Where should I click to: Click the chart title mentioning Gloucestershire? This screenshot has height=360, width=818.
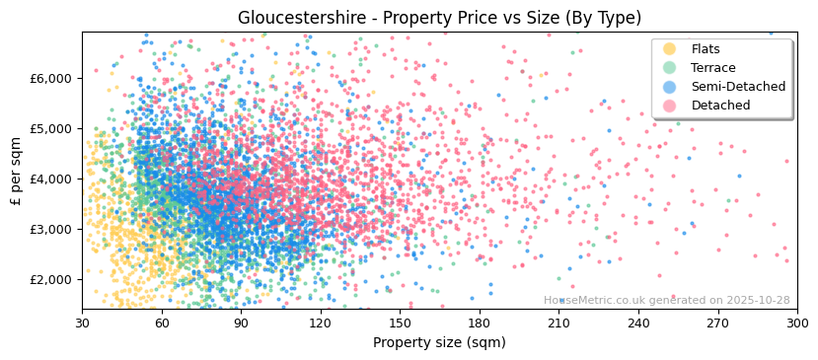coord(439,18)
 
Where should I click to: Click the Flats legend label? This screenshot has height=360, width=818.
coord(705,49)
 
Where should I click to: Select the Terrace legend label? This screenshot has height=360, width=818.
coord(712,68)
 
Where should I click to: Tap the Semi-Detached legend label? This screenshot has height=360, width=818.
coord(738,87)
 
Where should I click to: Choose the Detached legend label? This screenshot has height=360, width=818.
coord(719,106)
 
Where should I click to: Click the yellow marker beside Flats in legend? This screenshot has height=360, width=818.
coord(670,49)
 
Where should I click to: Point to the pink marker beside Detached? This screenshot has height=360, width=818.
coord(670,106)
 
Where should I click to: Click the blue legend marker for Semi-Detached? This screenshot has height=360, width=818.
coord(670,87)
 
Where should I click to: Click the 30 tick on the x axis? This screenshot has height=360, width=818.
coord(82,323)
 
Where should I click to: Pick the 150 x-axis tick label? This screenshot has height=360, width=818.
coord(400,323)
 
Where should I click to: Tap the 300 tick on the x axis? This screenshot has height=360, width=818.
coord(796,323)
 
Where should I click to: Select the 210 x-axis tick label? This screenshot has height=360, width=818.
coord(558,323)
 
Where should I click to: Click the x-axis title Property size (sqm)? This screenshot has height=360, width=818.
coord(439,342)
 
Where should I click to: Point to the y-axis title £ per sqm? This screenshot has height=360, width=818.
coord(17,171)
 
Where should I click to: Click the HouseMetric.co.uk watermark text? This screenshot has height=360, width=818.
coord(666,300)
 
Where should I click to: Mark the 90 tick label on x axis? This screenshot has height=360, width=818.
coord(241,323)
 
